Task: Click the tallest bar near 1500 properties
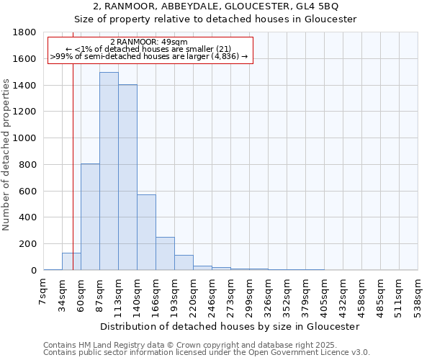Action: click(109, 171)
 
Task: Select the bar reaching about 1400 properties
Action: click(127, 177)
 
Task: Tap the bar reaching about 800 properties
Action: click(90, 217)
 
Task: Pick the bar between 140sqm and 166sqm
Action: click(146, 233)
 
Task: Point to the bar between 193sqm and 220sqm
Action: click(184, 263)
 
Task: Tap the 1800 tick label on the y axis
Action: click(25, 32)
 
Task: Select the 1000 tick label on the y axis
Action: click(25, 138)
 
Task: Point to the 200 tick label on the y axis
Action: click(28, 244)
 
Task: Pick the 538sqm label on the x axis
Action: click(421, 294)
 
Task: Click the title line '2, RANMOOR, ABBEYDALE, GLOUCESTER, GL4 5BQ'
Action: click(216, 6)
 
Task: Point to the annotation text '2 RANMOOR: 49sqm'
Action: click(149, 42)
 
